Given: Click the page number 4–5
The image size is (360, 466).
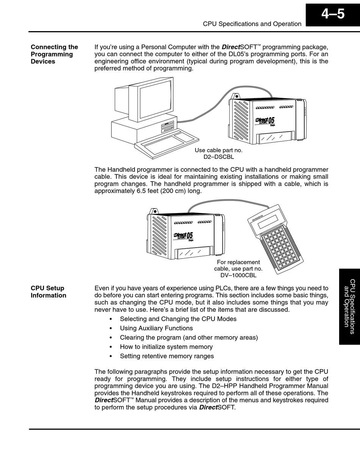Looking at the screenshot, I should click(x=333, y=14).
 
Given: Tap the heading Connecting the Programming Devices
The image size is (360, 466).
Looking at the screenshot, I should click(x=54, y=54).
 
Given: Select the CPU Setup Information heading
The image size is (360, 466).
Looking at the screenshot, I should click(x=48, y=292).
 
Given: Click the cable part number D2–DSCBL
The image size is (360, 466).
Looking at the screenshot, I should click(x=219, y=157).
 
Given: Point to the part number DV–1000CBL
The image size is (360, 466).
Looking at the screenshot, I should click(x=238, y=276).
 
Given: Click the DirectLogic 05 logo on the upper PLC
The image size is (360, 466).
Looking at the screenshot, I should click(x=265, y=122).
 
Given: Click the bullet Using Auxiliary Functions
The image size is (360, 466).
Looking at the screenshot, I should click(x=156, y=328).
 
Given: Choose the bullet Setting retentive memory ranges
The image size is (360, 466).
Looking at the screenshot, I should click(x=167, y=356).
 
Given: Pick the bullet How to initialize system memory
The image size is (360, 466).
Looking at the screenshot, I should click(x=166, y=347).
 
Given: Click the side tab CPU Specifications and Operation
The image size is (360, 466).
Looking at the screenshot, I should click(x=349, y=306).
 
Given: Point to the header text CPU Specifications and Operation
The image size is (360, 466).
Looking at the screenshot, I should click(x=252, y=24).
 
